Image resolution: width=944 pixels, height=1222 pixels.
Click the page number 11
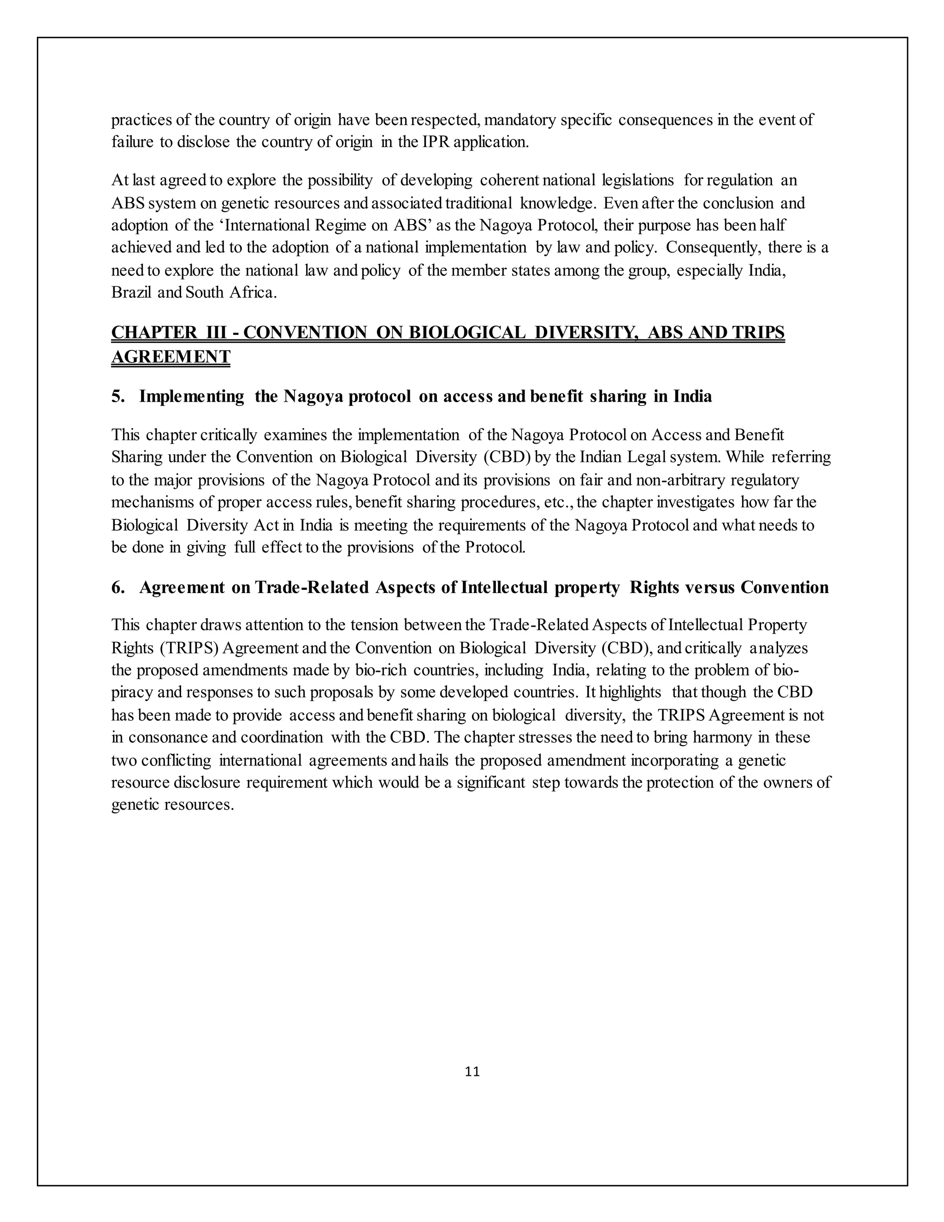point(472,1072)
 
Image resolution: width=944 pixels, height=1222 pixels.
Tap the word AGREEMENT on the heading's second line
point(171,356)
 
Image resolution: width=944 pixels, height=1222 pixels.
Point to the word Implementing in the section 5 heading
point(191,396)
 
